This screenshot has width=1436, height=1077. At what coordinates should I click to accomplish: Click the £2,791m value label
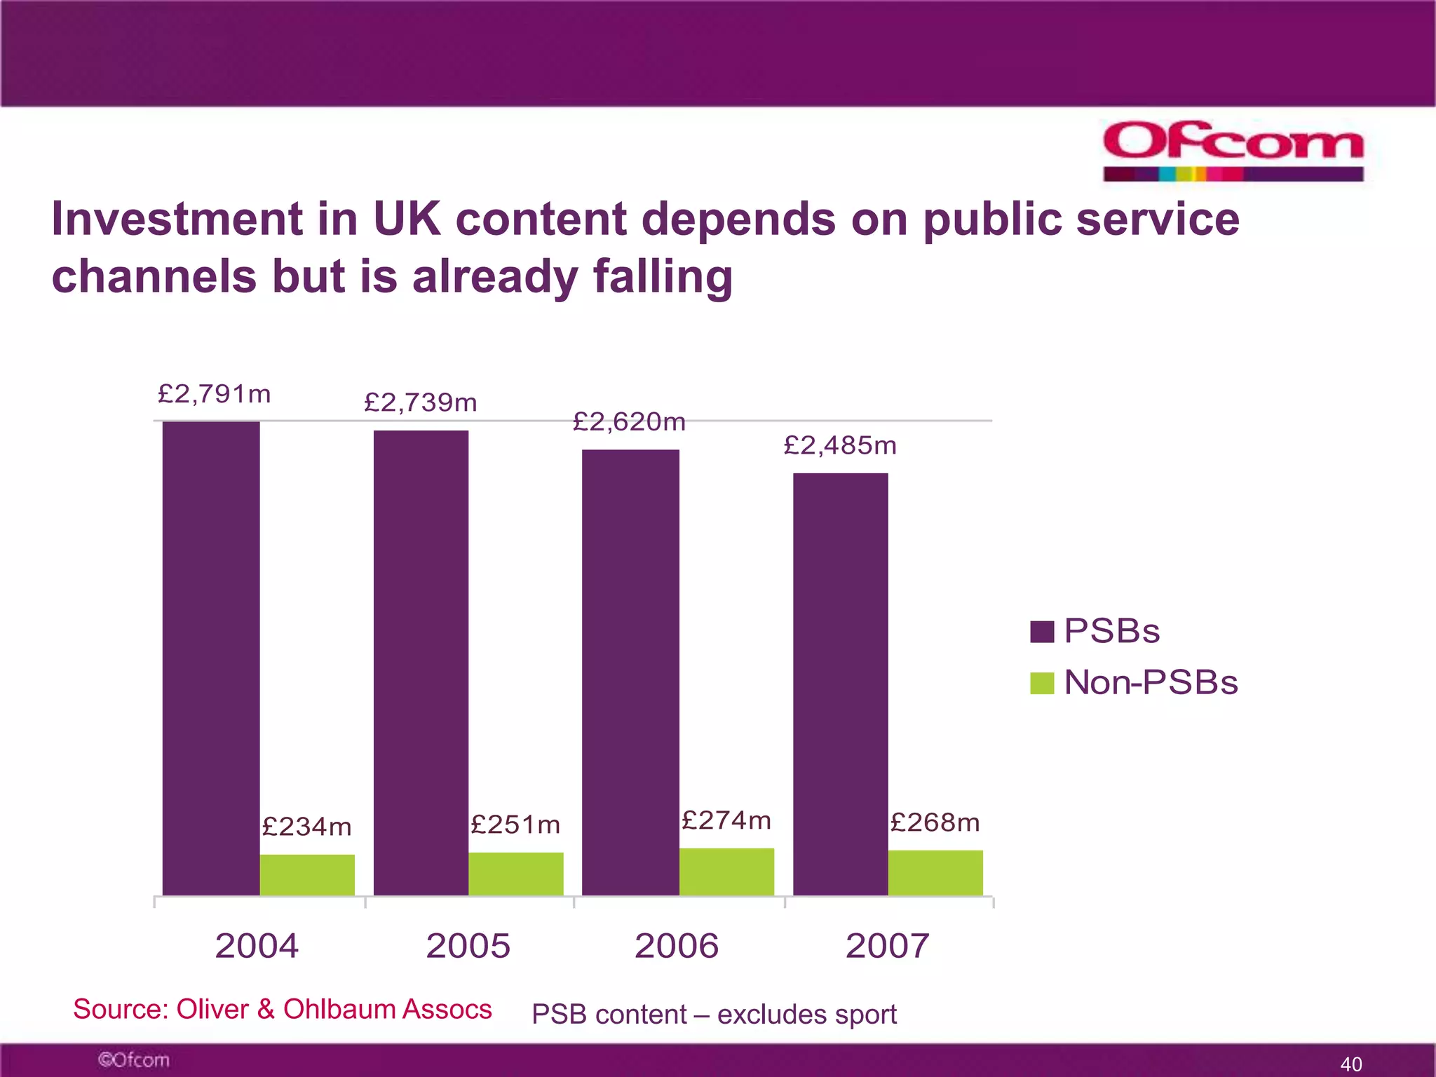(x=214, y=394)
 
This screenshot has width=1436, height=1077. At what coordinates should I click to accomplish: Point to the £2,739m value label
(x=420, y=402)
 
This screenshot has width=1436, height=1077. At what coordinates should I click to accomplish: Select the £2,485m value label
(x=839, y=445)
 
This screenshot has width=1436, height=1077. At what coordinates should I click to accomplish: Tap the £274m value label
(x=726, y=820)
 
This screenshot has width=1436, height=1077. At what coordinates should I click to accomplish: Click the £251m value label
(x=515, y=825)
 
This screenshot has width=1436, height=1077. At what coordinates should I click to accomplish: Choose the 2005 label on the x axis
(x=468, y=946)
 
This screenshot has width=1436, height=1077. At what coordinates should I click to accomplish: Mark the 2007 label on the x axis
(x=887, y=946)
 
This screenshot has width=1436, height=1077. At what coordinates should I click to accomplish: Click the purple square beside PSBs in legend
(x=1042, y=632)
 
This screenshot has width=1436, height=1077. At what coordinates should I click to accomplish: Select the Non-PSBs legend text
(x=1151, y=682)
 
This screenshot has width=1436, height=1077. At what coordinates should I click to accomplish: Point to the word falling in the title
(x=663, y=276)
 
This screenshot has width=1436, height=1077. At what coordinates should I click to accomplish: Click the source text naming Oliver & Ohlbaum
(x=282, y=1010)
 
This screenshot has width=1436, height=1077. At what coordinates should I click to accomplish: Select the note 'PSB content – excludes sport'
(x=714, y=1015)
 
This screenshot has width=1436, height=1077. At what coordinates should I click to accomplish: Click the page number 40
(x=1350, y=1064)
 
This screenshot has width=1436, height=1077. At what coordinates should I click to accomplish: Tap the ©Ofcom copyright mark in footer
(x=133, y=1059)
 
